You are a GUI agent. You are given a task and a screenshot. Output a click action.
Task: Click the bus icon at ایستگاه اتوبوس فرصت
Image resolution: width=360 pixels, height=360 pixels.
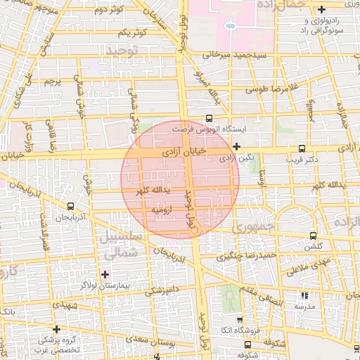coord(209,118)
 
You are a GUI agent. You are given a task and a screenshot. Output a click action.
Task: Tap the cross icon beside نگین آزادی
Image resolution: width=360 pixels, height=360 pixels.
coord(237,147)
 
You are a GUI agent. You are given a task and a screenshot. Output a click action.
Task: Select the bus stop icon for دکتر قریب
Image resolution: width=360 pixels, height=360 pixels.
coord(302,148)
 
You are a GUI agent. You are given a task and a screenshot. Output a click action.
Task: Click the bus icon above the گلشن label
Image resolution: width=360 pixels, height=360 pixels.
coord(314,236)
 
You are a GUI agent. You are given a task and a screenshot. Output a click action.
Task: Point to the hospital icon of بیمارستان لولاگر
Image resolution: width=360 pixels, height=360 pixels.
coord(105,274)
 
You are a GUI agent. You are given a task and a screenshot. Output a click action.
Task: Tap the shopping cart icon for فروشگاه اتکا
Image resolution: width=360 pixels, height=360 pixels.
coord(240,320)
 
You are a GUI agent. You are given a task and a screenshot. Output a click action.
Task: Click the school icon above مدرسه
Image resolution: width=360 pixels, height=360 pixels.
coord(304,296)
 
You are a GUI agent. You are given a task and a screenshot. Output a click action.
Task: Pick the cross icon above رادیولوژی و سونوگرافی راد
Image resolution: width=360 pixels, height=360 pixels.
coord(321,9)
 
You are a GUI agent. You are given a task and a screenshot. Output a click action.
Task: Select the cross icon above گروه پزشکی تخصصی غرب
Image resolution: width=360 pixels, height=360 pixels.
coord(57,328)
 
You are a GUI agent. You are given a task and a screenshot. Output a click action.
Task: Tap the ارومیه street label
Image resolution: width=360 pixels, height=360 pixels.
coord(163,209)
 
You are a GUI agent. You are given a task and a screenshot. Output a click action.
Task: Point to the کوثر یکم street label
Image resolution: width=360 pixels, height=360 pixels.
coord(132,33)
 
